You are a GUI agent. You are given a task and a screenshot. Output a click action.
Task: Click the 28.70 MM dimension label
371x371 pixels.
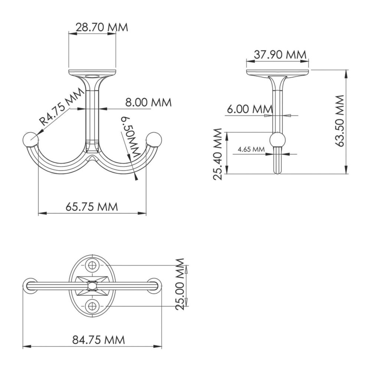click(102, 27)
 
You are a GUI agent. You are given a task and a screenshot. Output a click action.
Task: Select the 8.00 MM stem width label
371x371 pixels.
click(148, 102)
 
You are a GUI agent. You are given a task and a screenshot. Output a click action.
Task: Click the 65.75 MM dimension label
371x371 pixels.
click(92, 207)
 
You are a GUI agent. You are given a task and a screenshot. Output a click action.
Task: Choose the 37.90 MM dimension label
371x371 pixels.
click(280, 55)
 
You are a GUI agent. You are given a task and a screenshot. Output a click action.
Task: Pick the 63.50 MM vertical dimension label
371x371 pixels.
click(340, 121)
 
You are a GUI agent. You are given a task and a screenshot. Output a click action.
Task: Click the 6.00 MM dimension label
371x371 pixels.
click(250, 109)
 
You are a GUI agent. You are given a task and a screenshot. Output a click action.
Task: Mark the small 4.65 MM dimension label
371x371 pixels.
click(251, 149)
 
